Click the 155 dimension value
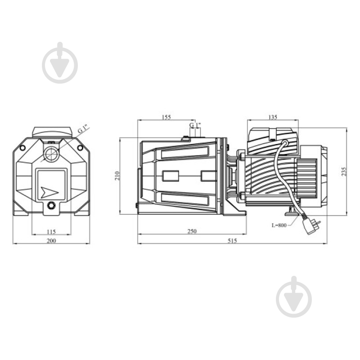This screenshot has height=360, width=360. pyautogui.click(x=166, y=117)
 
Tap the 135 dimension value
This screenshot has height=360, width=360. pyautogui.click(x=273, y=117)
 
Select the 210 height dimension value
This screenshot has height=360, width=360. pyautogui.click(x=117, y=176)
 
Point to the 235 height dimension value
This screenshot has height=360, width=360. pyautogui.click(x=344, y=171)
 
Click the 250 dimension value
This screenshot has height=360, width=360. pyautogui.click(x=192, y=231)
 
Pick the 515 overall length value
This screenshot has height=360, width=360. pyautogui.click(x=232, y=241)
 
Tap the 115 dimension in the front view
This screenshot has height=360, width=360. pyautogui.click(x=51, y=232)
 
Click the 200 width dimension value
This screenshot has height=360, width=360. pyautogui.click(x=51, y=241)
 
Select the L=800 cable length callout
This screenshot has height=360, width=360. pyautogui.click(x=279, y=225)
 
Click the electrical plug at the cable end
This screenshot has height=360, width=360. pyautogui.click(x=311, y=227)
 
